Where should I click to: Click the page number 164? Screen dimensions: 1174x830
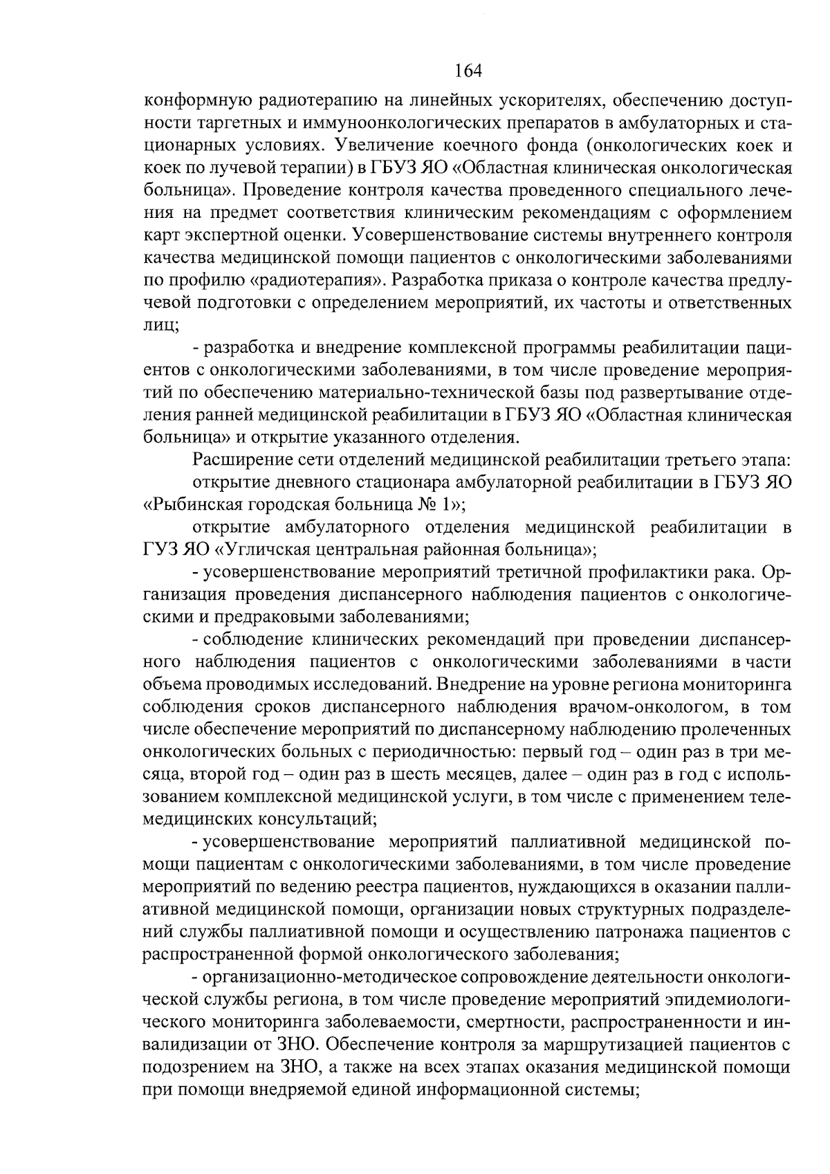pos(468,71)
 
